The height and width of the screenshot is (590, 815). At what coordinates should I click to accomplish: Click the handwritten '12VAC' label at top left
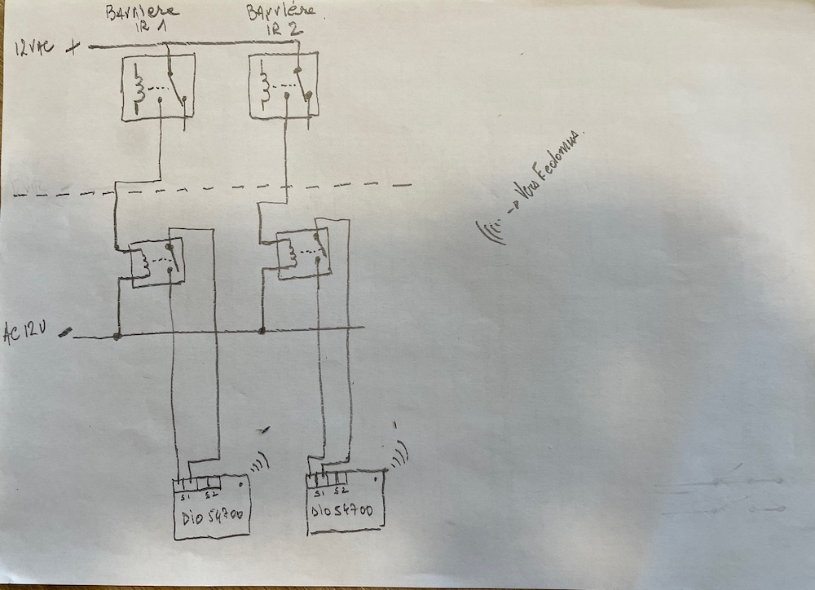coord(33,48)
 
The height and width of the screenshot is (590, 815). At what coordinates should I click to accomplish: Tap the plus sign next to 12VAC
coord(75,47)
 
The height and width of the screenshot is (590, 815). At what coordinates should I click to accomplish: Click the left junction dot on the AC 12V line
coord(117,335)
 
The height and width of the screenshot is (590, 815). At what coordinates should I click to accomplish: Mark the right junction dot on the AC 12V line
coord(262,330)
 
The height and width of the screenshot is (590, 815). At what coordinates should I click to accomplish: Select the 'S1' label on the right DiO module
coord(317,491)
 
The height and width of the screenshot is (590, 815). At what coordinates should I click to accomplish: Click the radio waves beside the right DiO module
coord(399,456)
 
